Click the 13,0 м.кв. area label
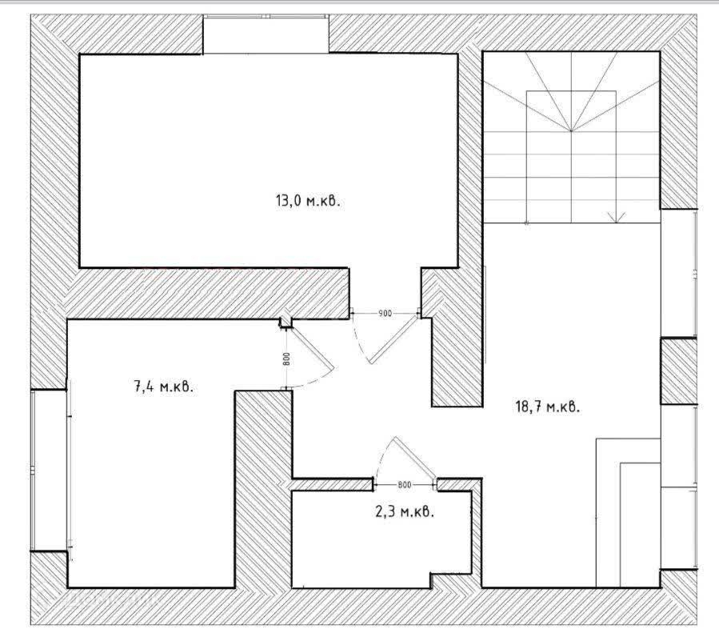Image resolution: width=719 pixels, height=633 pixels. click(x=308, y=201)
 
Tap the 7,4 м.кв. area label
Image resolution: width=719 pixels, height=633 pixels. click(x=163, y=387)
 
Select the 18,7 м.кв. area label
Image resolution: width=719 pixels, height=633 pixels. click(x=547, y=407)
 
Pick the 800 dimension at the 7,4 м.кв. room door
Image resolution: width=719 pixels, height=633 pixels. click(x=286, y=359)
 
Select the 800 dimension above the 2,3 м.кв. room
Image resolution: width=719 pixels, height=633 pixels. click(x=404, y=485)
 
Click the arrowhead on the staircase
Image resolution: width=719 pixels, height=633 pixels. click(x=616, y=216)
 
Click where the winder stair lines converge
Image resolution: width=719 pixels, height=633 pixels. click(x=570, y=130)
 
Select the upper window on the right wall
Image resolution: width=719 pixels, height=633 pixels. click(x=680, y=272)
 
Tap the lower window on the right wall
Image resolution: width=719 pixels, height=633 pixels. click(x=680, y=488)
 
